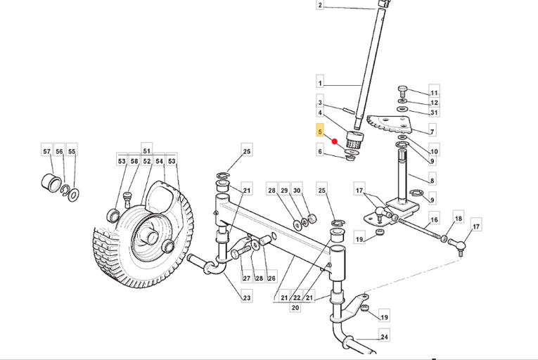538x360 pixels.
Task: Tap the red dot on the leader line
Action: click(335, 141)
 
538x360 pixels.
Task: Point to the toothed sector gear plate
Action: click(390, 124)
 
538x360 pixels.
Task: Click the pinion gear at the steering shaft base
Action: click(354, 139)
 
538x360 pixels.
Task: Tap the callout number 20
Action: click(295, 307)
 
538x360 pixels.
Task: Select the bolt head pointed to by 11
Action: click(402, 91)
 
